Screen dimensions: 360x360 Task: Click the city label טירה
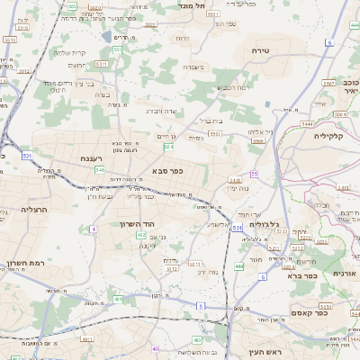click(x=262, y=51)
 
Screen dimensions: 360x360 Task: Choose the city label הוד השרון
click(x=138, y=223)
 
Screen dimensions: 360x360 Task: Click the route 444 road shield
click(x=239, y=267)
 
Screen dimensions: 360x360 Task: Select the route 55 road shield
click(x=255, y=173)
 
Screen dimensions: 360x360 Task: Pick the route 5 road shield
click(x=201, y=306)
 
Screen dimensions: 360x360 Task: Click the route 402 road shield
click(x=141, y=235)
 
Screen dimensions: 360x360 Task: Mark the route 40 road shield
click(x=156, y=348)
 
